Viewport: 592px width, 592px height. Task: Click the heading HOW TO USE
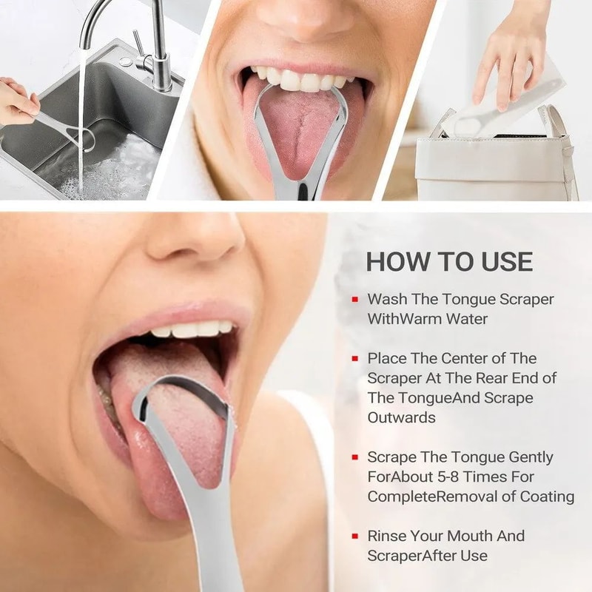449,261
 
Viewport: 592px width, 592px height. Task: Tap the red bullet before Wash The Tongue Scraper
356,299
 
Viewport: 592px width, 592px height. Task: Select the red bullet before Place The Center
356,358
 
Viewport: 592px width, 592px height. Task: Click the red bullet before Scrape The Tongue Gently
356,457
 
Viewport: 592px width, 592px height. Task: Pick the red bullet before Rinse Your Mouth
356,536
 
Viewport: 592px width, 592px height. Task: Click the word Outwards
402,417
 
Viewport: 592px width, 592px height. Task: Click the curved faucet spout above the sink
111,15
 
